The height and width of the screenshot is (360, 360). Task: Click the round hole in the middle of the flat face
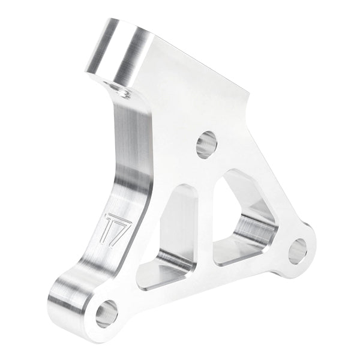coord(206,145)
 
